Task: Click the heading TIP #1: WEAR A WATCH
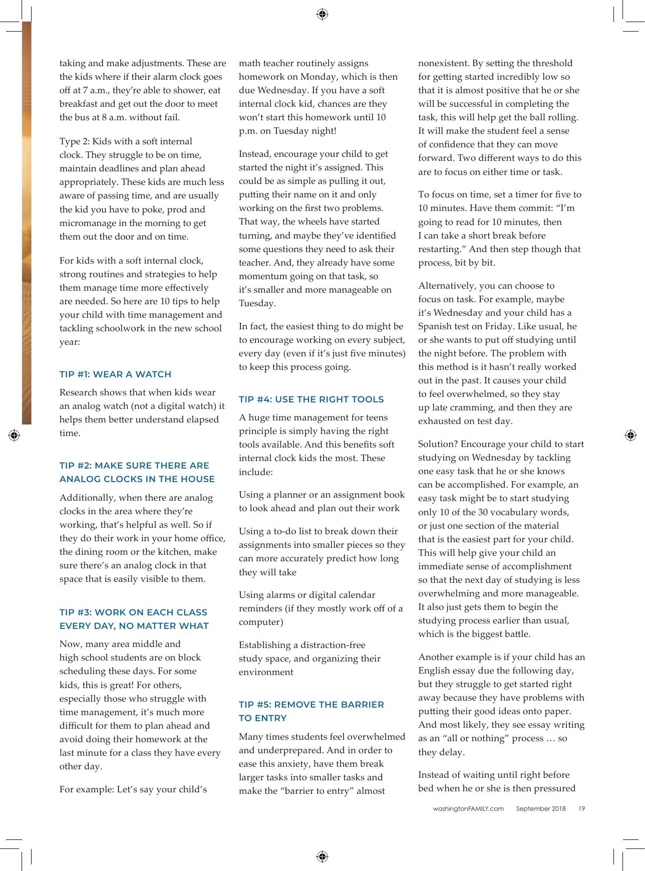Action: (x=115, y=374)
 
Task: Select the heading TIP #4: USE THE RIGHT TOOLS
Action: (x=311, y=399)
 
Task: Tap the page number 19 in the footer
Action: (x=581, y=808)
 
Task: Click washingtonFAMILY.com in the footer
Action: (x=468, y=808)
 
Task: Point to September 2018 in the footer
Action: (x=541, y=808)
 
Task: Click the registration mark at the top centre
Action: (x=322, y=14)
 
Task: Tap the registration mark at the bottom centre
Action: (x=322, y=856)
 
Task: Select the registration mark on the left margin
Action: (x=14, y=435)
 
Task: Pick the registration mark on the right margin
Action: (x=630, y=435)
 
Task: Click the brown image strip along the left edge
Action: (x=26, y=221)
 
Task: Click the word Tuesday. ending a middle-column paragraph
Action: (x=257, y=303)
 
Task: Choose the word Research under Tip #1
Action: (x=79, y=392)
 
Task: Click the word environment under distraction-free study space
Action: (x=266, y=672)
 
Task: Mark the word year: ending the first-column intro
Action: (x=70, y=342)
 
